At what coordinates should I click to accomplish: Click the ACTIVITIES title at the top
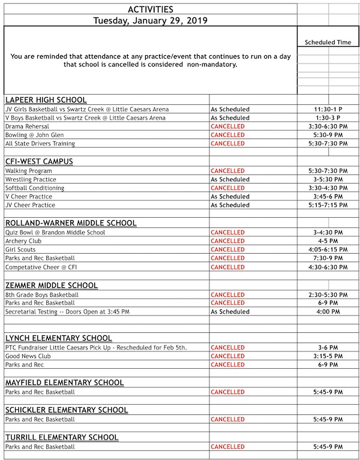point(151,9)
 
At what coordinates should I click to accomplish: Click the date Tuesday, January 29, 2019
point(151,20)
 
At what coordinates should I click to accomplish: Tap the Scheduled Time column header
point(328,43)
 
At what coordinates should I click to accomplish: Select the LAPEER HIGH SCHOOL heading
point(46,100)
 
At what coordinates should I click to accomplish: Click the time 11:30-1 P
point(328,110)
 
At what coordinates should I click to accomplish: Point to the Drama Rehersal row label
point(27,127)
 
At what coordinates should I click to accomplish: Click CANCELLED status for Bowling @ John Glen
point(227,136)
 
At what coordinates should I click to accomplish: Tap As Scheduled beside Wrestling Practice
point(230,179)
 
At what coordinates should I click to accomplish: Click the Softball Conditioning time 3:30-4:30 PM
point(328,188)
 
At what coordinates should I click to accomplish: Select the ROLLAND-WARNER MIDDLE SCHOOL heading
point(71,223)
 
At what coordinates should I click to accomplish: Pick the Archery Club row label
point(22,241)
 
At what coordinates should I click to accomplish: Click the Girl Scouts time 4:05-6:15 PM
point(328,249)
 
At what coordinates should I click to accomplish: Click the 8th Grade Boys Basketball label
point(42,295)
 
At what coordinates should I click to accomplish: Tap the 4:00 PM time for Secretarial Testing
point(328,312)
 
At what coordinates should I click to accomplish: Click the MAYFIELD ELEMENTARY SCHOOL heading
point(64,383)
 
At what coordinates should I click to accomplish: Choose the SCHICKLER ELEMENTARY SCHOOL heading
point(66,410)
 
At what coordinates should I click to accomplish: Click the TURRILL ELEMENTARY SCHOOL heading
point(62,437)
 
